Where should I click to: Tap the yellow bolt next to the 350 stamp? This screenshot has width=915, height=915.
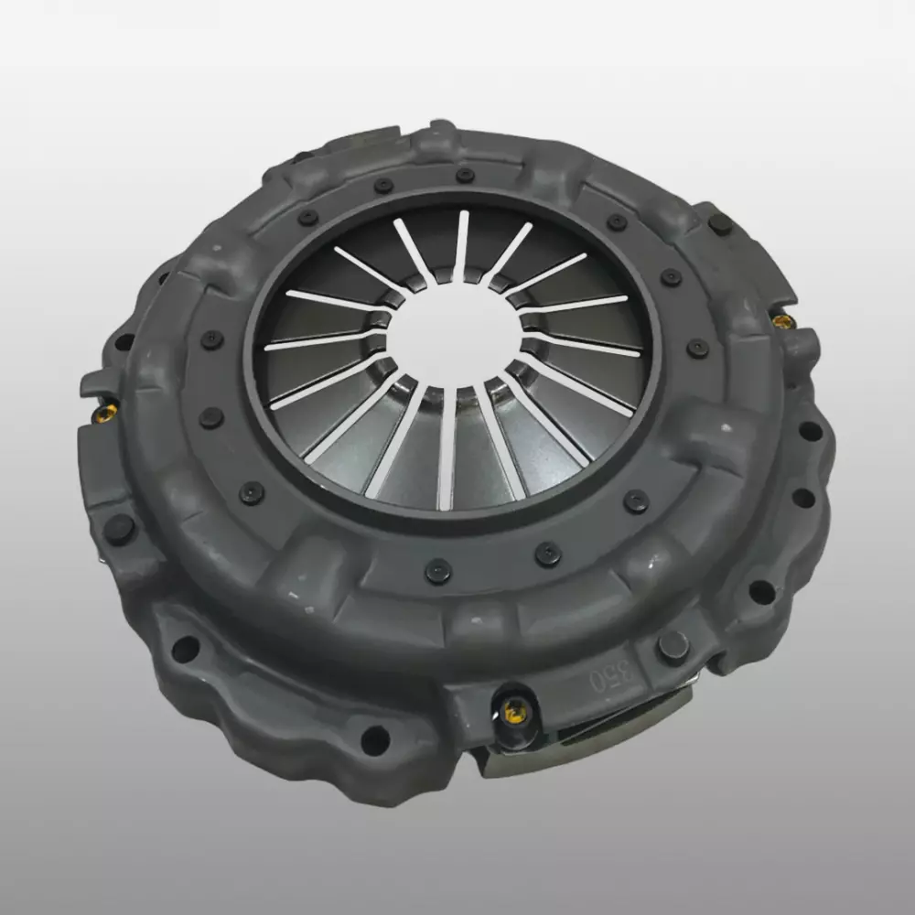(x=514, y=711)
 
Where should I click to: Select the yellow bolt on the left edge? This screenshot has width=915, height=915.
(x=105, y=414)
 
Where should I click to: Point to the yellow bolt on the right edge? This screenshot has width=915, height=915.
(x=783, y=320)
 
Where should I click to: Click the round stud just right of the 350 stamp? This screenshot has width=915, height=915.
(x=673, y=647)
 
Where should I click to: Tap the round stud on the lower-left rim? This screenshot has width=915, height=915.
(x=118, y=529)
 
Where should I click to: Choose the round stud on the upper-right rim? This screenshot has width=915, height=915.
(x=720, y=224)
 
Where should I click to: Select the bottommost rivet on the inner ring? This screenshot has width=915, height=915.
(x=437, y=571)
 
